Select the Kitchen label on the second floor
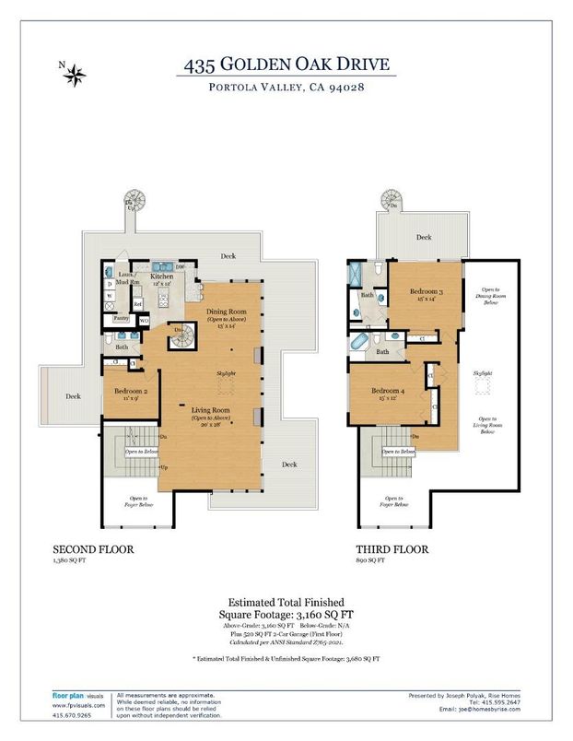click(162, 276)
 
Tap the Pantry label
click(120, 318)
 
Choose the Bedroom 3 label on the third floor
click(426, 292)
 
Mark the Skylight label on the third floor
click(482, 369)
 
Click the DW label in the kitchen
click(180, 267)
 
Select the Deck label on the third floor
click(423, 237)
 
